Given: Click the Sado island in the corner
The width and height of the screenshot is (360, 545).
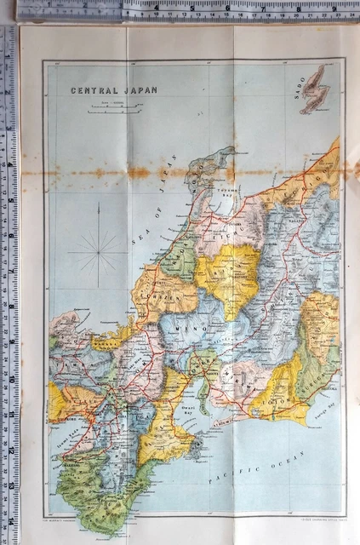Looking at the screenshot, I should click(317, 89).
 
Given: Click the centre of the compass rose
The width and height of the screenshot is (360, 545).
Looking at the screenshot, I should click(97, 251).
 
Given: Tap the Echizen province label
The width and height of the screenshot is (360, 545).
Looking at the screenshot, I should click(162, 290).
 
